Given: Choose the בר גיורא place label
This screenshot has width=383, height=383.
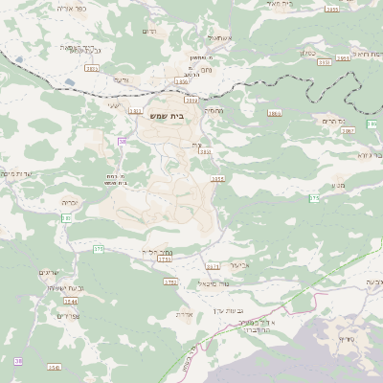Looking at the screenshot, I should (x=369, y=153).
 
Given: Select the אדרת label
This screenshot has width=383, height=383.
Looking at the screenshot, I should (x=186, y=314).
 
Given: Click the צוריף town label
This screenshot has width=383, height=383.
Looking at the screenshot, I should (x=346, y=340).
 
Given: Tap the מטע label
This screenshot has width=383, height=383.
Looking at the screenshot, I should (x=337, y=186).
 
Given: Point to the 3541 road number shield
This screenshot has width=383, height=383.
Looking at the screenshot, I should (x=54, y=368).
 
